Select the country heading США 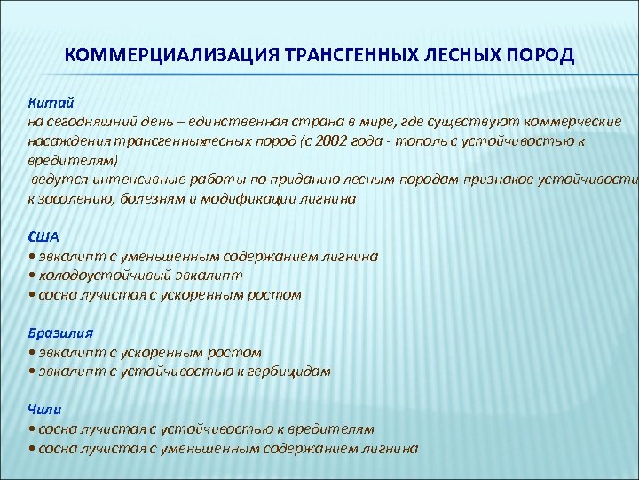pos(44,236)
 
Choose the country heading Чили pos(45,410)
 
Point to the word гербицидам pos(289,372)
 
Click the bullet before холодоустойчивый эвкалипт pos(32,276)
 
